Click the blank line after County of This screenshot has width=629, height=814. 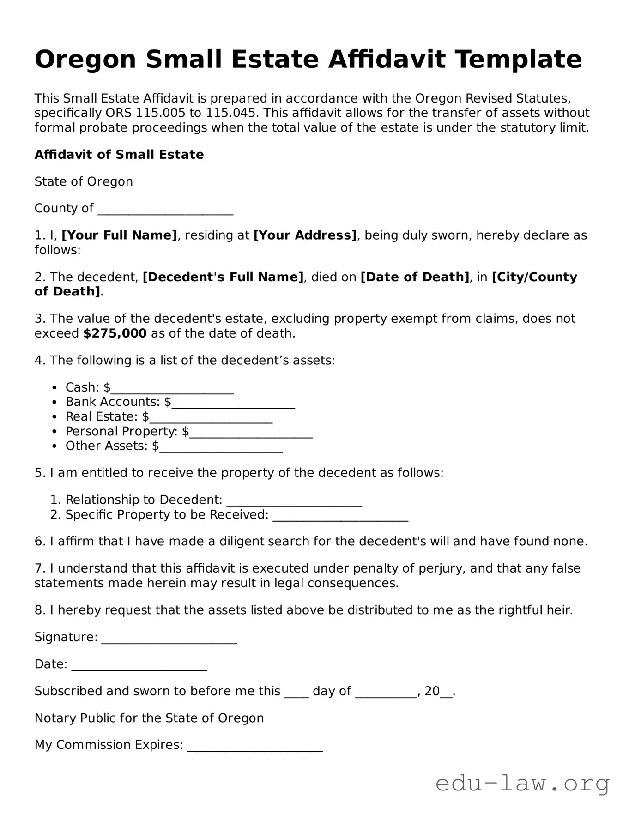pos(165,210)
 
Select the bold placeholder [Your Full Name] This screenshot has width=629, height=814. pos(119,235)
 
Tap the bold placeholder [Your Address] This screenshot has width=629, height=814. pos(305,235)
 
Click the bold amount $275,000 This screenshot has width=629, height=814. pos(115,333)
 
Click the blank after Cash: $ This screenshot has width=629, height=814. pos(172,389)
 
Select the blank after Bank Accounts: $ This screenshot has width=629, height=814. pos(233,404)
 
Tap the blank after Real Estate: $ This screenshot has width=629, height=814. pos(211,418)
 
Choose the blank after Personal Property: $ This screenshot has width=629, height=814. pos(251,433)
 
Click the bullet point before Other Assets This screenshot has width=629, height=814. pos(55,446)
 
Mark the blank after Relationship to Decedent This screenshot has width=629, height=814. pos(294,501)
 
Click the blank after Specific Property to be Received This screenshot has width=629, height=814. pos(340,516)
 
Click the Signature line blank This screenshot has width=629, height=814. pos(169,639)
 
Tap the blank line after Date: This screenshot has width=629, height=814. pos(139,666)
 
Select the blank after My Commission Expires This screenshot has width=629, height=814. pos(255,747)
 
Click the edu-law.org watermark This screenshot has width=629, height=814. pos(522,784)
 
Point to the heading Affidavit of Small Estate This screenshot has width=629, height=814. pos(119,155)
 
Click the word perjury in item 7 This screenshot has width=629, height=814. pos(441,568)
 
